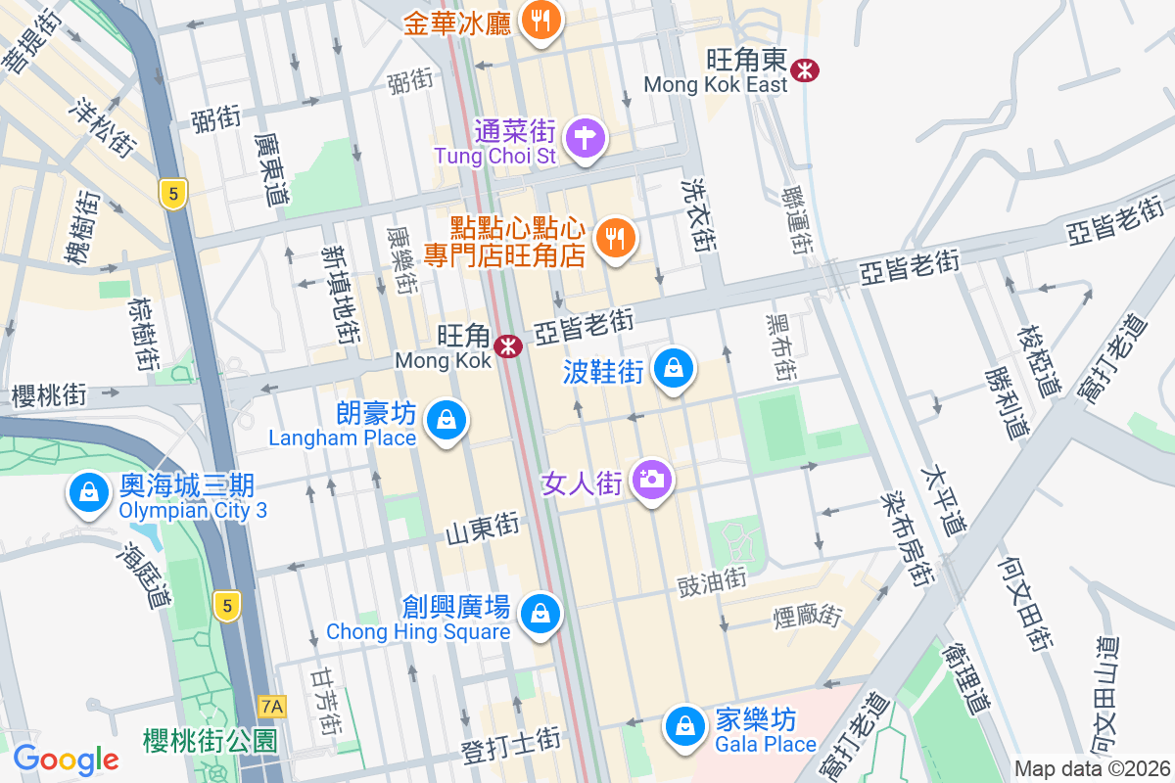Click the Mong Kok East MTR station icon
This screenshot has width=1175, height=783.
806,69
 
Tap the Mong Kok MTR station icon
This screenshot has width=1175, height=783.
507,346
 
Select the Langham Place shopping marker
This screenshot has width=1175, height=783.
446,419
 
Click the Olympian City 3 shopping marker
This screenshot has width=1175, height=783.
89,491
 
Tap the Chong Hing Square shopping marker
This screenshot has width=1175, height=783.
540,614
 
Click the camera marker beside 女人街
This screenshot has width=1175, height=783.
650,480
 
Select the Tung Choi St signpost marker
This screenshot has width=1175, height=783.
585,136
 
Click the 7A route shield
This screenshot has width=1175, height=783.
272,706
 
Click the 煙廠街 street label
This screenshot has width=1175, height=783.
807,616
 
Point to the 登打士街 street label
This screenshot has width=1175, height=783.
510,750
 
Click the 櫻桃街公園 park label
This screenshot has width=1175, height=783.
210,738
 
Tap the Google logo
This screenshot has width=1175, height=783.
66,759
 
